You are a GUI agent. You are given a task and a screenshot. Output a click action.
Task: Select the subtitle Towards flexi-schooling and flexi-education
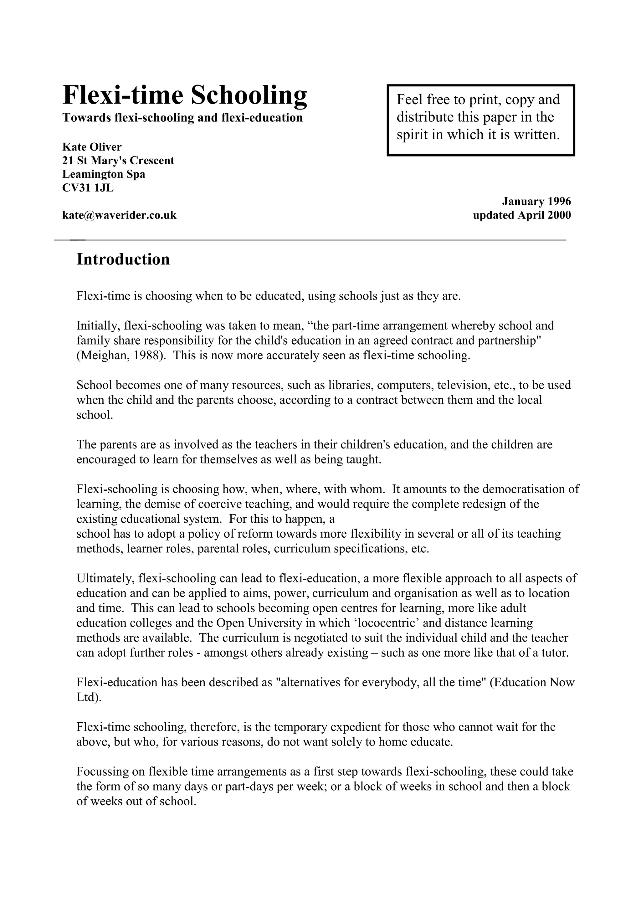click(x=182, y=118)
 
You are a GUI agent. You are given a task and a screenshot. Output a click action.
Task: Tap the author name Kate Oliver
click(x=92, y=147)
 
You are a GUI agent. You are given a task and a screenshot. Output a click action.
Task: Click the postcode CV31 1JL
click(x=88, y=188)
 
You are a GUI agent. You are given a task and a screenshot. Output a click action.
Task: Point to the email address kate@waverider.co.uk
click(x=119, y=215)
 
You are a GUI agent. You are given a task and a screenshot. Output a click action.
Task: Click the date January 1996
click(x=536, y=202)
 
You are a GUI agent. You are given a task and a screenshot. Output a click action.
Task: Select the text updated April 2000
click(x=522, y=215)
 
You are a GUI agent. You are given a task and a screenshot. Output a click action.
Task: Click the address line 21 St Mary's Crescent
click(x=118, y=161)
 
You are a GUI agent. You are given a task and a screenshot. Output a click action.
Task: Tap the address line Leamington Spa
click(x=104, y=174)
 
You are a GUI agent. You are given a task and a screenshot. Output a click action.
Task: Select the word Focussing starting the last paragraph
click(x=104, y=771)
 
